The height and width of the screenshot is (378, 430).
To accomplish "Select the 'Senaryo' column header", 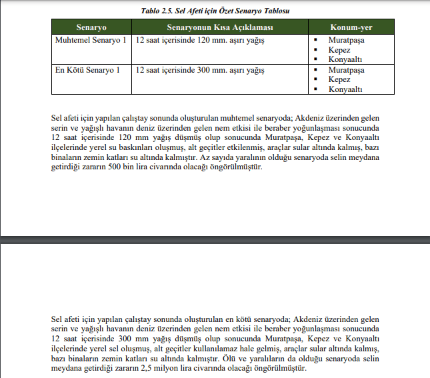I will tap(91, 27).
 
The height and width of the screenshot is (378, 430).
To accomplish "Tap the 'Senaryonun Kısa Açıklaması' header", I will tap(220, 27).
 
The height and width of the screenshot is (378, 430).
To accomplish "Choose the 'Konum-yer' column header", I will tap(351, 27).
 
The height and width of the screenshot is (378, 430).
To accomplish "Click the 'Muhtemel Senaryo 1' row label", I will tap(91, 41).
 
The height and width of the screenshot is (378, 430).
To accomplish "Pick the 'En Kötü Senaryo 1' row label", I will tap(89, 69).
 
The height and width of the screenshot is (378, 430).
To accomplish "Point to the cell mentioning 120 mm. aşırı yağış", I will tap(200, 41).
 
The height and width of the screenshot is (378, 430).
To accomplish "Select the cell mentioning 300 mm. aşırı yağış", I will tap(200, 69).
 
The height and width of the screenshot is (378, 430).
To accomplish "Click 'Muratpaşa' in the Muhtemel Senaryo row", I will tap(346, 41).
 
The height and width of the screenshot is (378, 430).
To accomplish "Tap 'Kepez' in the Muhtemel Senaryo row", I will tap(339, 50).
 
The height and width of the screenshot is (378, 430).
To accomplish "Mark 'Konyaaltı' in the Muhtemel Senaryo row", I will tap(345, 59).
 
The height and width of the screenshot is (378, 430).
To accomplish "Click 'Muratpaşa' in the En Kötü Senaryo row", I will tap(346, 69).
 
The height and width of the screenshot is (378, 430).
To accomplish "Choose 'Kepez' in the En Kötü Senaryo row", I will tap(339, 79).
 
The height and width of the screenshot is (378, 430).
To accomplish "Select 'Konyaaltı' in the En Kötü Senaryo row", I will tap(345, 89).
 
